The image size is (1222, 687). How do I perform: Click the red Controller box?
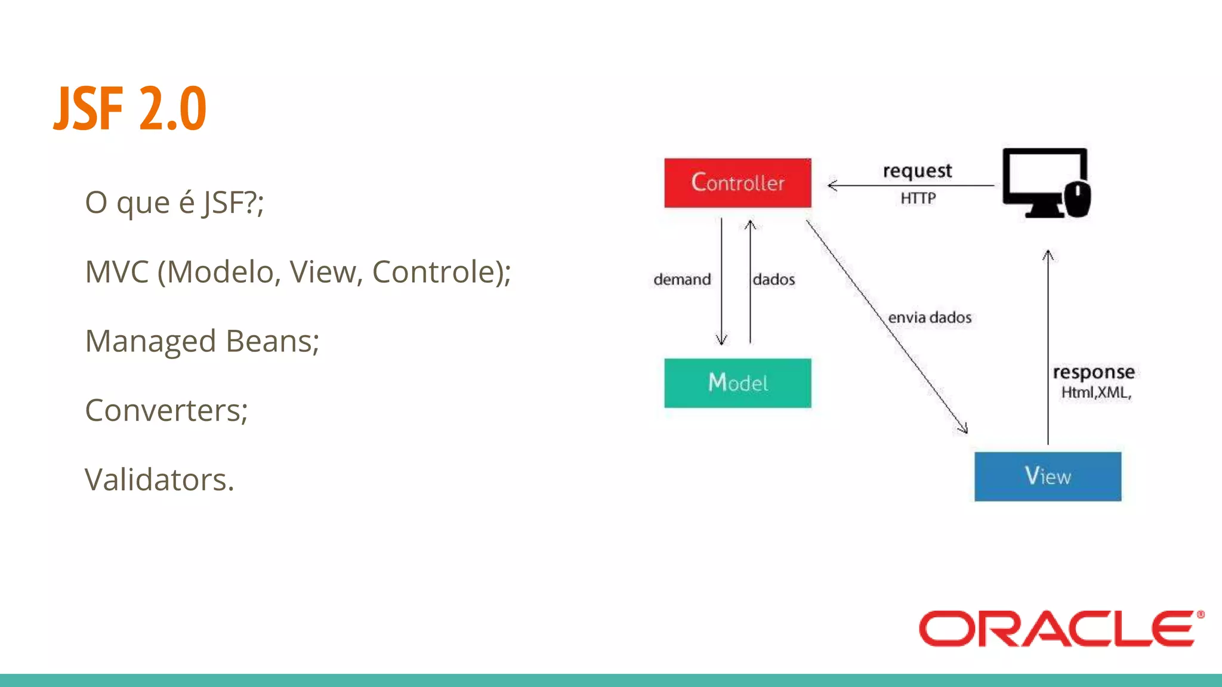click(737, 183)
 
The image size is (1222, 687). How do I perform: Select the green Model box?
click(737, 383)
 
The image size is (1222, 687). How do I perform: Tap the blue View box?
click(1047, 476)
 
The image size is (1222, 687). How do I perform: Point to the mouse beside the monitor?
click(1078, 200)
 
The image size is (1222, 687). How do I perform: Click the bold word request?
click(917, 171)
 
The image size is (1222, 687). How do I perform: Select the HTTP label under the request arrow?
click(918, 198)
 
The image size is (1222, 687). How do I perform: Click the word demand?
click(682, 279)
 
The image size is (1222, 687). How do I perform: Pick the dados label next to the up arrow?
click(773, 279)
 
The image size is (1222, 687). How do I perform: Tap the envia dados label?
click(929, 317)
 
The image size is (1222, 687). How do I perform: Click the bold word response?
click(1093, 372)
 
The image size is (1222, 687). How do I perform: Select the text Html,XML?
click(1096, 392)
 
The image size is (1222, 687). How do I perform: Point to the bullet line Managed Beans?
click(202, 341)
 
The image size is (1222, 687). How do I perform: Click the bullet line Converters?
click(166, 410)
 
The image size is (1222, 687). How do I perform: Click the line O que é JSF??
click(174, 203)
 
